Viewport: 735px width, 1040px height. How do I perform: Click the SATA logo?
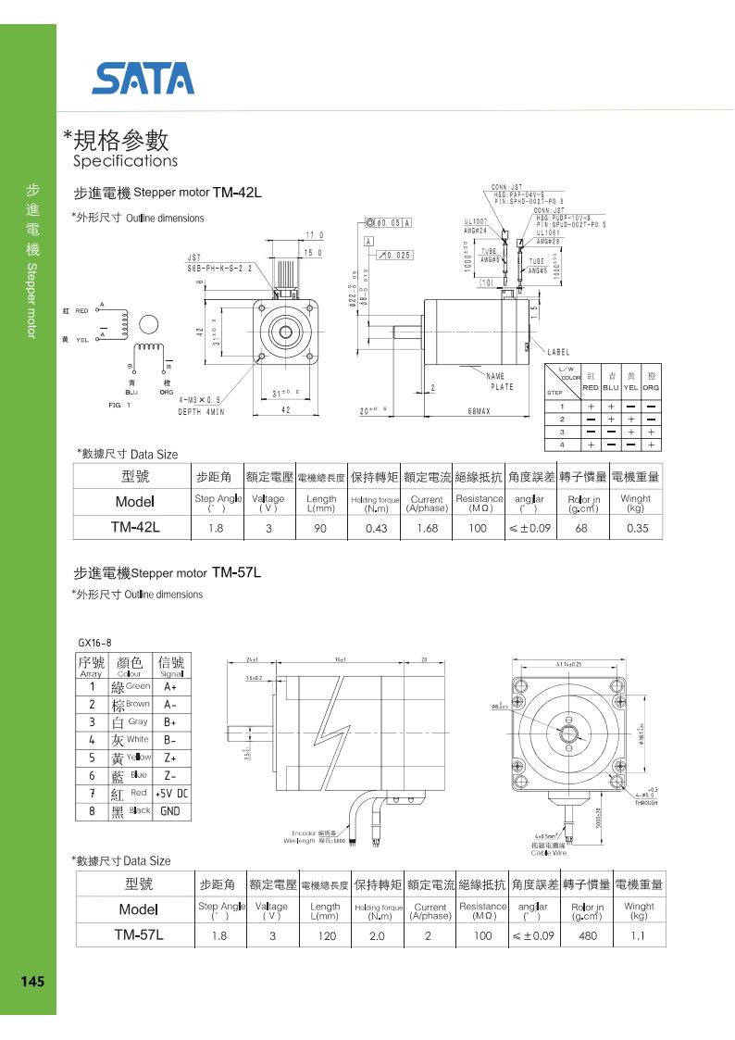tap(143, 79)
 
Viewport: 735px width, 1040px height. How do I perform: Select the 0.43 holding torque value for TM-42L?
tap(376, 528)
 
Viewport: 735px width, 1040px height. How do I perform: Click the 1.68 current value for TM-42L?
tap(427, 528)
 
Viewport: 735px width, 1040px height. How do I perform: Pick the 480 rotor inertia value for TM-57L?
tap(587, 935)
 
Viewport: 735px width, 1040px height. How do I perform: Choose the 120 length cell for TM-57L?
tap(325, 935)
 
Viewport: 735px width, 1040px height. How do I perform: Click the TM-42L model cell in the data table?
tap(136, 528)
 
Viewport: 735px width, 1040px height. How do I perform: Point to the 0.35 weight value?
tap(637, 528)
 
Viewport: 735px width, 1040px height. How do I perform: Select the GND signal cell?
tap(170, 811)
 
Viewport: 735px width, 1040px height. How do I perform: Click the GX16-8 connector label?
tap(94, 643)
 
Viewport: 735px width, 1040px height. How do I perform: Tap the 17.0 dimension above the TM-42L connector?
tap(315, 235)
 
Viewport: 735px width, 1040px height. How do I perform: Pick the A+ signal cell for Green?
tap(170, 687)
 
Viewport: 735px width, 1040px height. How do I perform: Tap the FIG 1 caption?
tap(119, 406)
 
